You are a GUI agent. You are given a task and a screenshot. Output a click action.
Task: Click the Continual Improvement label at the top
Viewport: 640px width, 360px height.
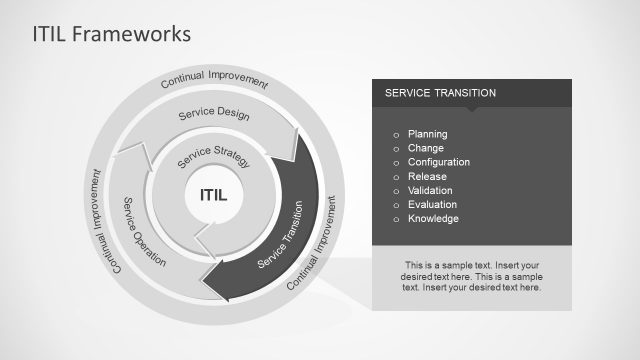click(x=214, y=80)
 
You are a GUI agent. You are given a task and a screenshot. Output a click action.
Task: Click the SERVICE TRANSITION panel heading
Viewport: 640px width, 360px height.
click(x=440, y=93)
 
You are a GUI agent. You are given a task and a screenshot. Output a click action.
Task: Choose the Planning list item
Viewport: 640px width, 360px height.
click(x=427, y=134)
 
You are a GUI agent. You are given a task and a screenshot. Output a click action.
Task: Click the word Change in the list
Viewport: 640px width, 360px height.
click(x=426, y=148)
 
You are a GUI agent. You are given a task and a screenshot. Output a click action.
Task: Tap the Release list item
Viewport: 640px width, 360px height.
click(x=427, y=176)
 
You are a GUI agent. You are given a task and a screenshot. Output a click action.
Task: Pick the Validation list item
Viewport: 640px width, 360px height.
click(x=430, y=190)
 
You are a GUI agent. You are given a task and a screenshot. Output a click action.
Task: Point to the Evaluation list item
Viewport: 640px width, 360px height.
click(x=431, y=204)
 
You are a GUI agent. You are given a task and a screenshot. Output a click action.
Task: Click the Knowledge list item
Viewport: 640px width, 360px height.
click(x=433, y=218)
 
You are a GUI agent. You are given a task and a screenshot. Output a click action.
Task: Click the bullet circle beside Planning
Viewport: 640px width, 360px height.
click(x=396, y=135)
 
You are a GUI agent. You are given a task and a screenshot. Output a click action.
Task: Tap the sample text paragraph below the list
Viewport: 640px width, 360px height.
click(x=471, y=274)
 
